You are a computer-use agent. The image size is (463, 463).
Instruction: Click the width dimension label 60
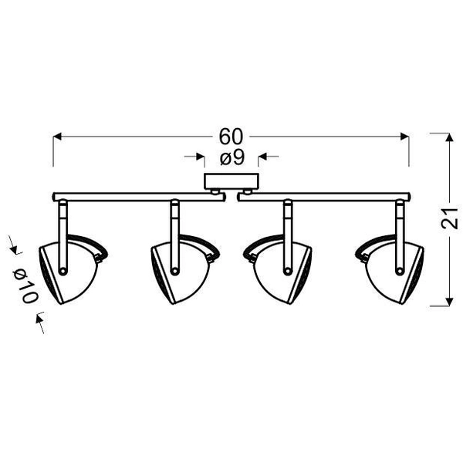pyautogui.click(x=231, y=137)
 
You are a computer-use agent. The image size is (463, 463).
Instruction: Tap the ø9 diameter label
pyautogui.click(x=232, y=157)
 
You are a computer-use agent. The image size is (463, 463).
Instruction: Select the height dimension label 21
pyautogui.click(x=449, y=218)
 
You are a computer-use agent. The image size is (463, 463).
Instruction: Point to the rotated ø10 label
pyautogui.click(x=25, y=286)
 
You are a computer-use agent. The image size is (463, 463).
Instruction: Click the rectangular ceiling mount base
pyautogui.click(x=231, y=181)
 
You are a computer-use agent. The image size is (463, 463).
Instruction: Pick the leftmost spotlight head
pyautogui.click(x=73, y=269)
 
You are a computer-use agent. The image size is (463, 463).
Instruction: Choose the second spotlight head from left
pyautogui.click(x=185, y=269)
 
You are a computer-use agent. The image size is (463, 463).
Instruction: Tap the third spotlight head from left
pyautogui.click(x=277, y=269)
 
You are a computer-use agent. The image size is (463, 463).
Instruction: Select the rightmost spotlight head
pyautogui.click(x=389, y=269)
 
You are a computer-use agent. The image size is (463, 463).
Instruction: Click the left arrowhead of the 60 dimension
pyautogui.click(x=57, y=137)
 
